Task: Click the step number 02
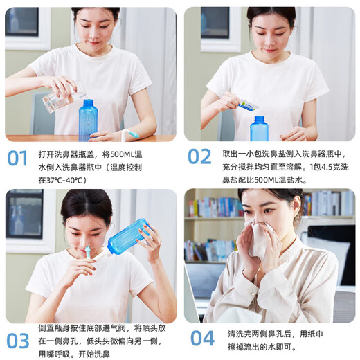(199, 157)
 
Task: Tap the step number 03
(18, 341)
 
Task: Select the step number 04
(202, 339)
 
